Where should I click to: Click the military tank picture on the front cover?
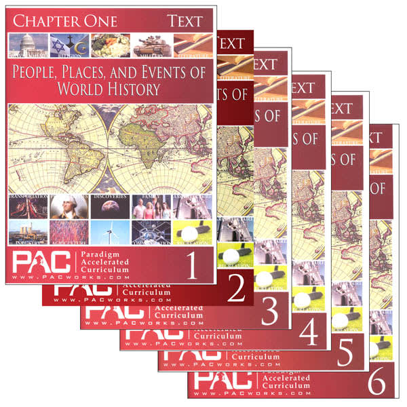(152, 45)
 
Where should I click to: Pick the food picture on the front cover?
(112, 44)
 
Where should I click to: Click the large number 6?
(376, 384)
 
